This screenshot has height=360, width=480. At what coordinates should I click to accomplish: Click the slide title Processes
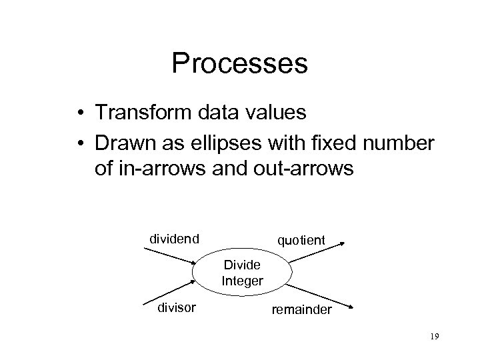[x=239, y=64]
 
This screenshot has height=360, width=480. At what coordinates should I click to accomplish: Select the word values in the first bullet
[x=275, y=112]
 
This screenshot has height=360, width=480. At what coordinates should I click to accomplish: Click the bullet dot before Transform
[x=79, y=113]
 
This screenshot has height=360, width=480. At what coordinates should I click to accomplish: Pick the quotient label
[x=301, y=239]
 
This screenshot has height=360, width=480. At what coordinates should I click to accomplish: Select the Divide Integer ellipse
[x=242, y=274]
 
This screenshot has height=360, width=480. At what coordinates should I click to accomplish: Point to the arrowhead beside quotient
[x=342, y=246]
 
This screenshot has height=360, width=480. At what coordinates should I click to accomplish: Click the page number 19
[x=433, y=338]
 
